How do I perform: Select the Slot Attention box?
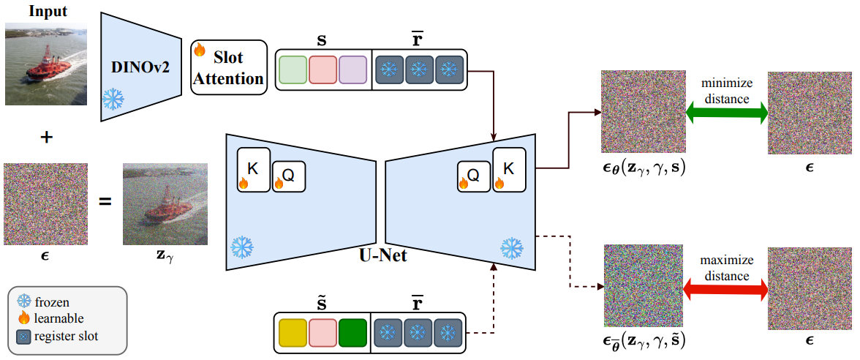tap(227, 67)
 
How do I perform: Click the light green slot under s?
tap(293, 71)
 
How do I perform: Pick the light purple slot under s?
tap(352, 71)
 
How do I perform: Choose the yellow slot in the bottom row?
tap(293, 334)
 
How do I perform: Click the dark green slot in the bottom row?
tap(352, 334)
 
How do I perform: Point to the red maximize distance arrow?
tap(726, 290)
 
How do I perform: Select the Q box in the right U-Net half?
tap(473, 176)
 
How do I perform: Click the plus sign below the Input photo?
tap(46, 137)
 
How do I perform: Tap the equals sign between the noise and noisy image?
tap(105, 199)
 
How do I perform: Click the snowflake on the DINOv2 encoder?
tap(113, 99)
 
